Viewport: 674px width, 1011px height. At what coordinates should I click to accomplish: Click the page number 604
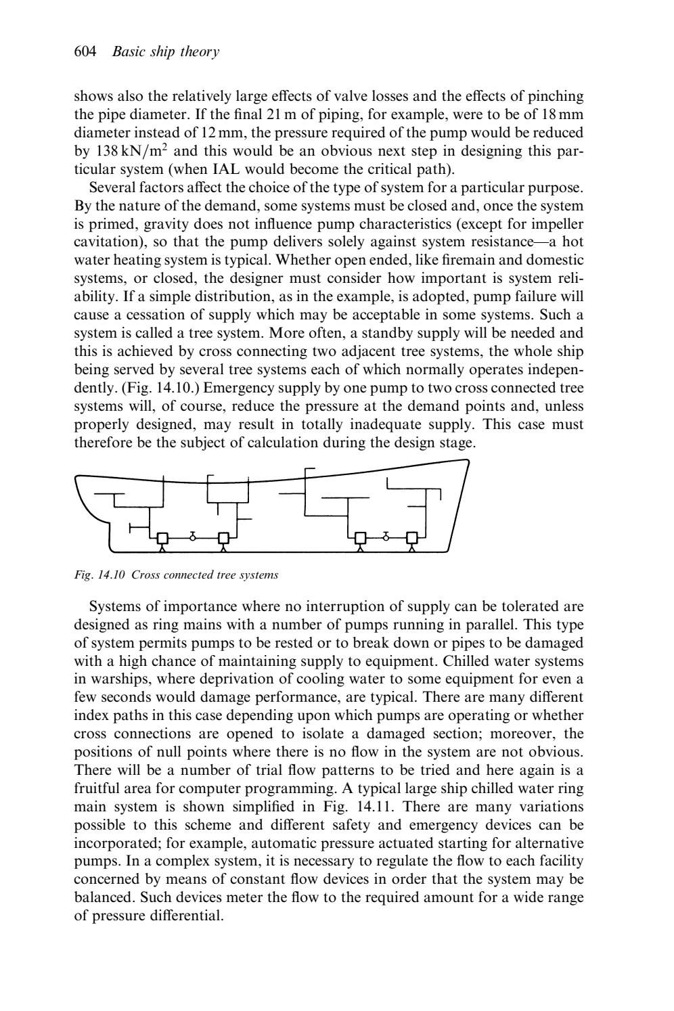click(x=86, y=52)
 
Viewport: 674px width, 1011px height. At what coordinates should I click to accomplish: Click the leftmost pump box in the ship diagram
click(x=162, y=539)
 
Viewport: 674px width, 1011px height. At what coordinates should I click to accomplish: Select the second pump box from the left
click(x=223, y=539)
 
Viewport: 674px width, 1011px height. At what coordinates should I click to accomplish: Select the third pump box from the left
click(x=361, y=539)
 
